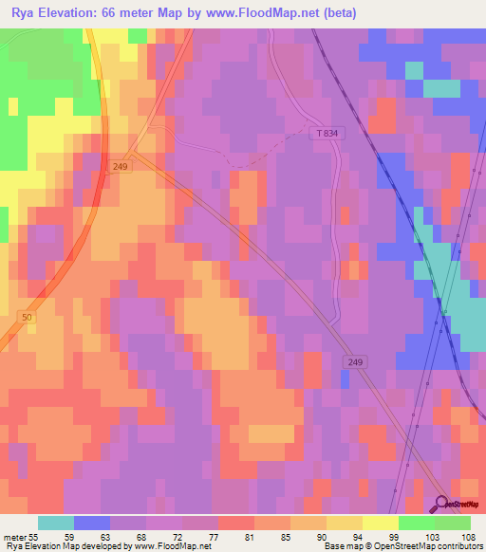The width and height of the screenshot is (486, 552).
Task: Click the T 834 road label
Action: coord(325,134)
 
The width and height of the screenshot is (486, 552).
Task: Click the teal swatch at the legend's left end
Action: coord(56,523)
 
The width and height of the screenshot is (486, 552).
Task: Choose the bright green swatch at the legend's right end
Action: coord(453,523)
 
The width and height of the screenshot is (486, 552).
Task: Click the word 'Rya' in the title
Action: coord(22,13)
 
